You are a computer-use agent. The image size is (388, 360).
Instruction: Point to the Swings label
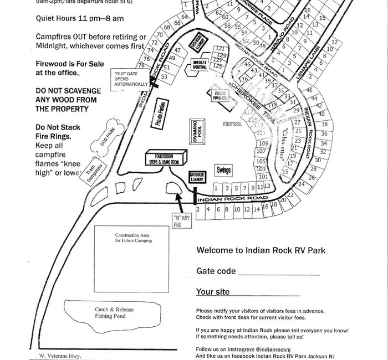pyautogui.click(x=223, y=170)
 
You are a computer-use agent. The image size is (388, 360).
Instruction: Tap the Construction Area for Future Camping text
pyautogui.click(x=133, y=238)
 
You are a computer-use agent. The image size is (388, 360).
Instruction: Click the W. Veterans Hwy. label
pyautogui.click(x=57, y=354)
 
